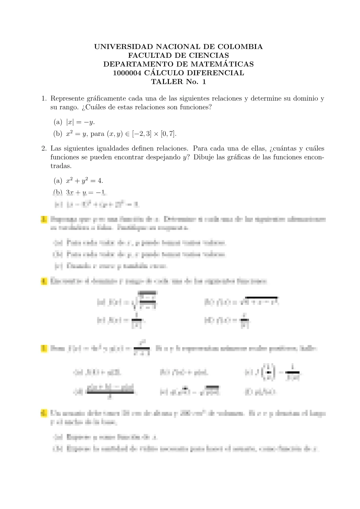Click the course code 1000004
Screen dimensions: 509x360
coord(127,73)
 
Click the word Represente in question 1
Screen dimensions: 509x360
coord(67,99)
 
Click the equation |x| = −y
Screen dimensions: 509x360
coord(80,122)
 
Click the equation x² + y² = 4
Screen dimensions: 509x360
coord(84,181)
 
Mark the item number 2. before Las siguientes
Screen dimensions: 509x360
coord(44,149)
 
